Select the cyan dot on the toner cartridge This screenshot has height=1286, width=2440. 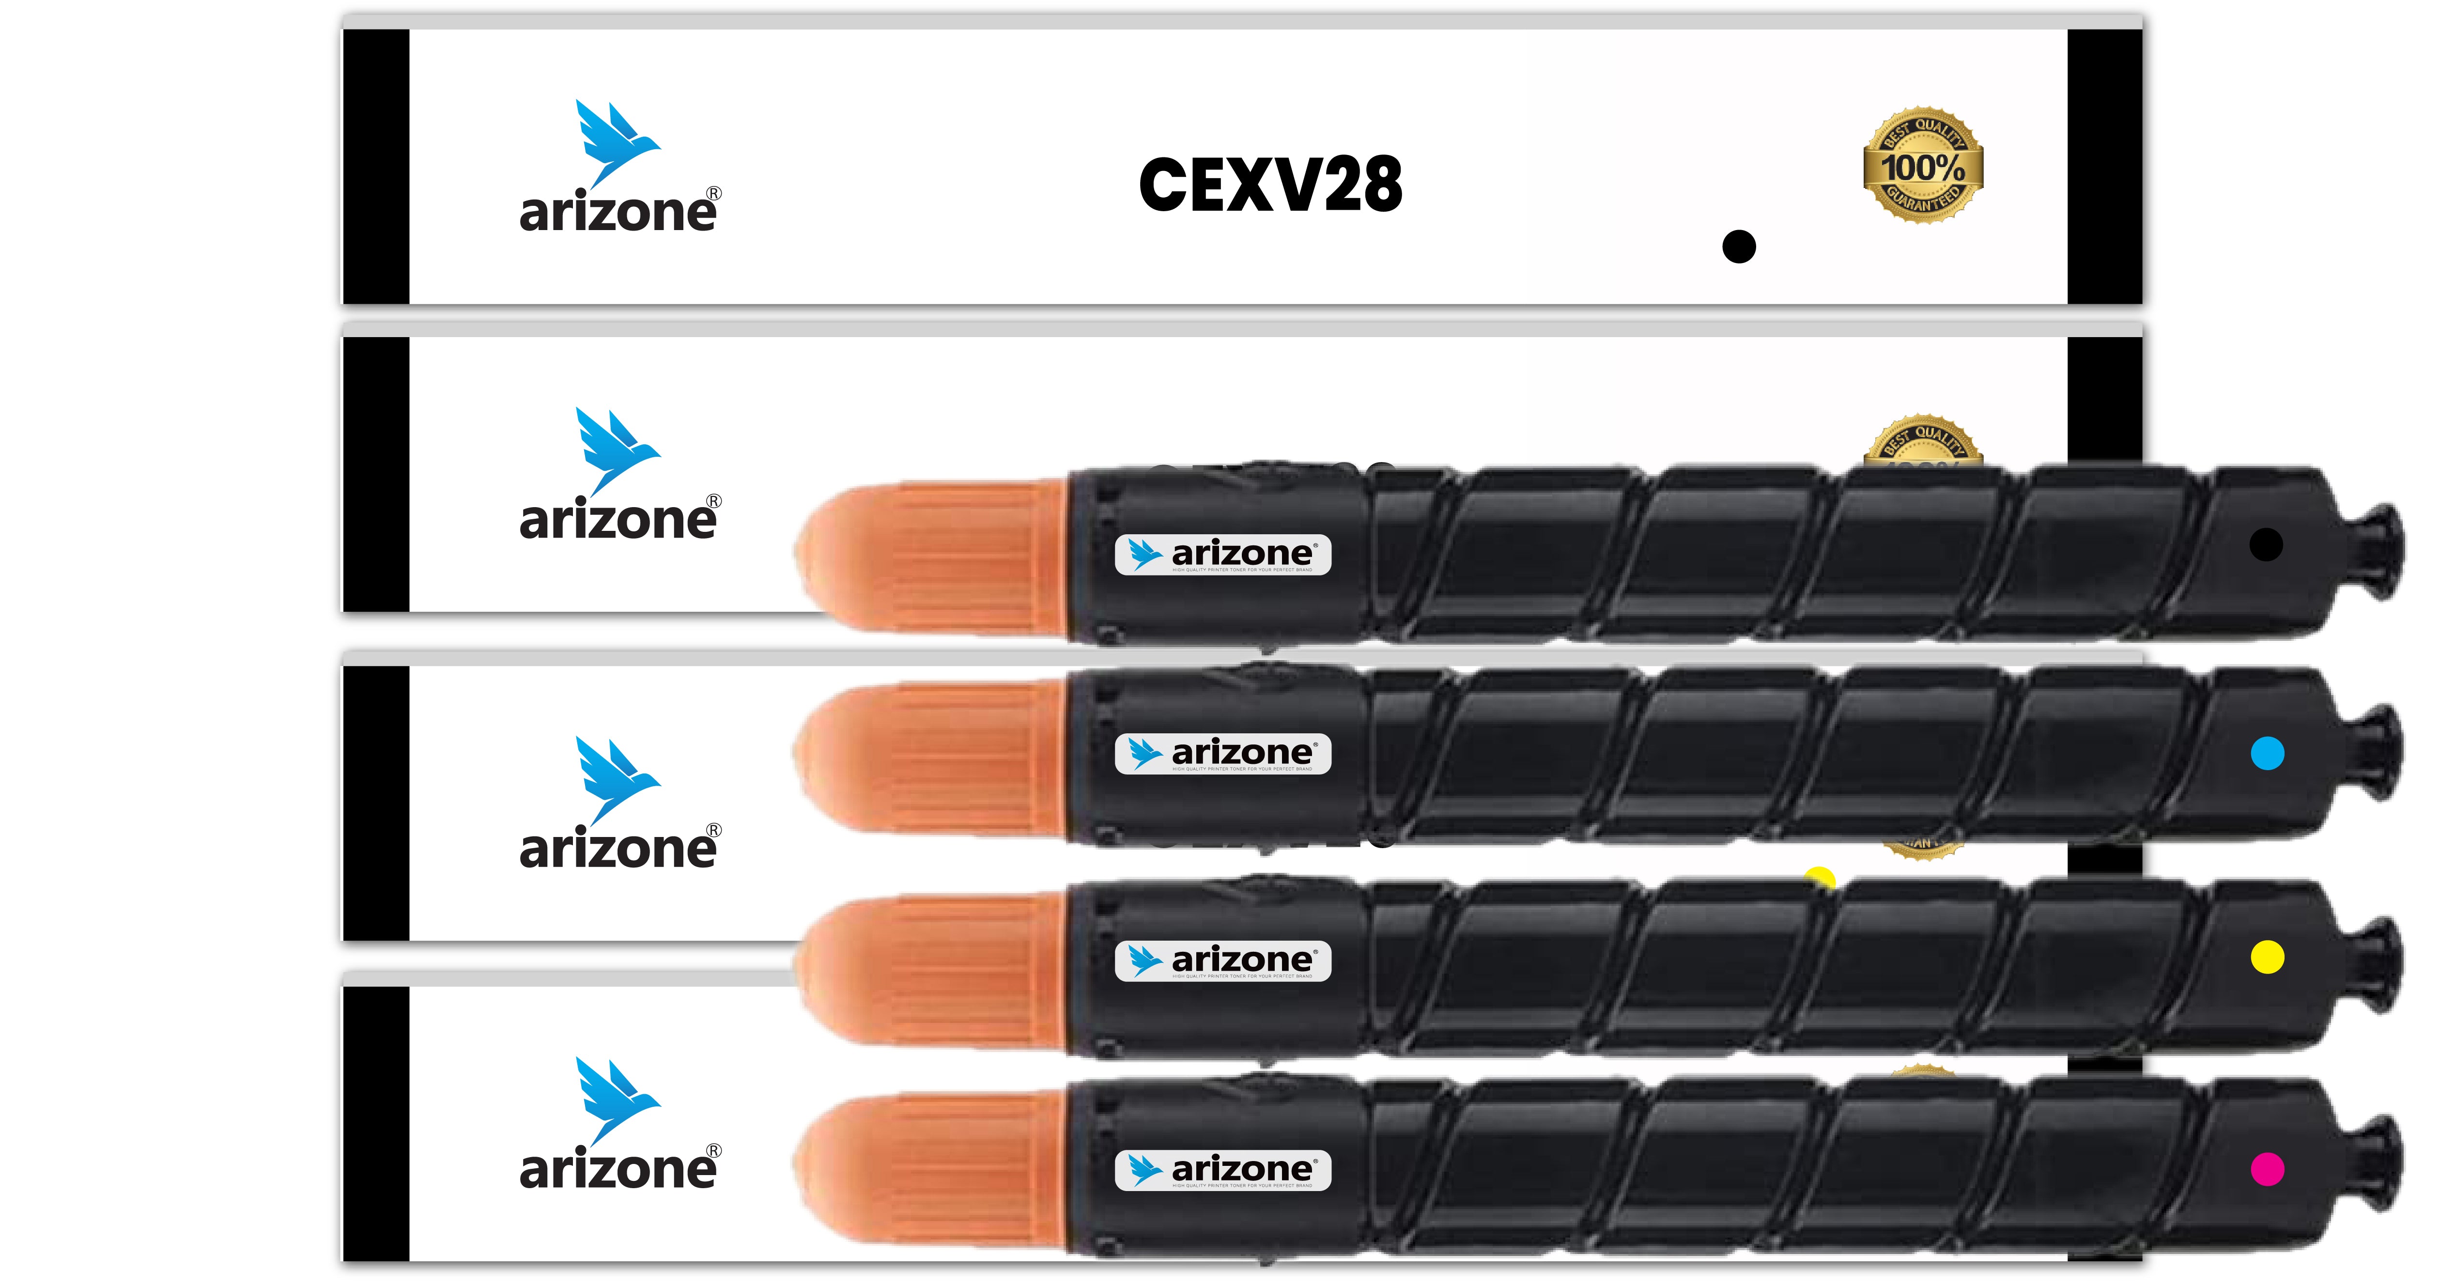[x=2267, y=754]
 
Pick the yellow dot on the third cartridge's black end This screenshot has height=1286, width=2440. [x=2267, y=958]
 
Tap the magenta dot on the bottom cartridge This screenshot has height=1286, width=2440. [x=2267, y=1170]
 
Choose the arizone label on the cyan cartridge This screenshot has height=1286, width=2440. [x=1223, y=754]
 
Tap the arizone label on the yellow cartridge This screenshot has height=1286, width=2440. [x=1223, y=961]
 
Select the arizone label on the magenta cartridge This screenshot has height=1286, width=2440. [x=1223, y=1170]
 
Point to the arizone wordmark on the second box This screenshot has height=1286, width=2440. [x=618, y=521]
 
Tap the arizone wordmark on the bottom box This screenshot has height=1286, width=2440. [x=618, y=1170]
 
